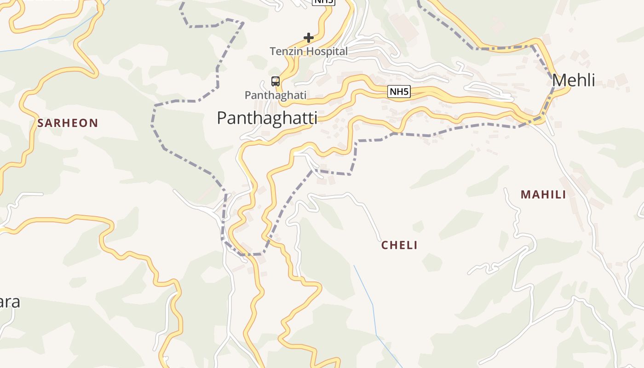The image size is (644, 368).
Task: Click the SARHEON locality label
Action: (x=68, y=123)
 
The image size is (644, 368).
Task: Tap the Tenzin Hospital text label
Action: (x=309, y=52)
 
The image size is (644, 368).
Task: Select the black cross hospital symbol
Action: (x=309, y=37)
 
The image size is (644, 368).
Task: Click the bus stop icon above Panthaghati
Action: (x=276, y=81)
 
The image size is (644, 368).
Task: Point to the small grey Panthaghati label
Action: (x=275, y=95)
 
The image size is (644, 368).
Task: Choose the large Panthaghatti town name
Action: (x=267, y=118)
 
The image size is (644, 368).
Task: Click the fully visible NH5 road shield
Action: (x=399, y=92)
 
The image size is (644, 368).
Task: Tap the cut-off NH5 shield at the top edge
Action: (x=324, y=2)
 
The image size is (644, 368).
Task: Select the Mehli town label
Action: (x=573, y=80)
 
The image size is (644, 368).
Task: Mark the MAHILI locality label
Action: (x=543, y=195)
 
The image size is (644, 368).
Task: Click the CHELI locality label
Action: (x=399, y=245)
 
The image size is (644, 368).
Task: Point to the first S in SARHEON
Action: (x=40, y=123)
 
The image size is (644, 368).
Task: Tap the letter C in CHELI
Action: (x=385, y=245)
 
